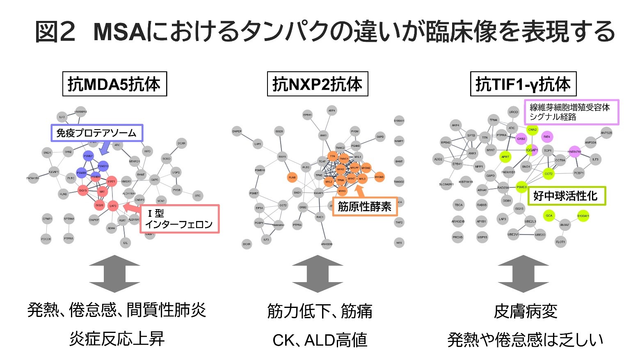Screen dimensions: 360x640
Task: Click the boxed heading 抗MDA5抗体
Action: [x=114, y=84]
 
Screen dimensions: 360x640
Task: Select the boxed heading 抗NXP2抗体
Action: [x=317, y=84]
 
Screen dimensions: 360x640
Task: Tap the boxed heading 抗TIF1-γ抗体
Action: [x=523, y=84]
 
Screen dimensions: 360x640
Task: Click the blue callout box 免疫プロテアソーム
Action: [x=96, y=133]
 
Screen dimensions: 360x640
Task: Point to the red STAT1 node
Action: [x=111, y=181]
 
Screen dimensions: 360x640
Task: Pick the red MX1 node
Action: [x=102, y=191]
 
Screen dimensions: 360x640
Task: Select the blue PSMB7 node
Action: [x=88, y=156]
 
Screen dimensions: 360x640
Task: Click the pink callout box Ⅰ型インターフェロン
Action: [x=179, y=219]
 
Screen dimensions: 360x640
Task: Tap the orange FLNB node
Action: [x=292, y=178]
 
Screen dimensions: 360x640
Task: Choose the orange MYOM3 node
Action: [x=379, y=177]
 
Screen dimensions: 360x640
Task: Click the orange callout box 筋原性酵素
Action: [x=364, y=207]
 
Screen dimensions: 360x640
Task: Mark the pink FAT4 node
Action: [x=546, y=137]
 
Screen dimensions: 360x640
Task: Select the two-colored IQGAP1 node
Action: [x=532, y=150]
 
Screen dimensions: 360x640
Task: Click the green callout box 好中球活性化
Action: [x=565, y=196]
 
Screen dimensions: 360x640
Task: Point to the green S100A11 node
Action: [x=583, y=216]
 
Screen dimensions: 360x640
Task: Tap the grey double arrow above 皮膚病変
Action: [x=523, y=273]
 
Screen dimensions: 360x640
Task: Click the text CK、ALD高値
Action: [x=320, y=340]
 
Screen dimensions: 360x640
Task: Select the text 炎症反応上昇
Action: [x=117, y=339]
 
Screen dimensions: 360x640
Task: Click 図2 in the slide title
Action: [x=55, y=32]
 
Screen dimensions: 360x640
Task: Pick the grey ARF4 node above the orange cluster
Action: [x=331, y=111]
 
